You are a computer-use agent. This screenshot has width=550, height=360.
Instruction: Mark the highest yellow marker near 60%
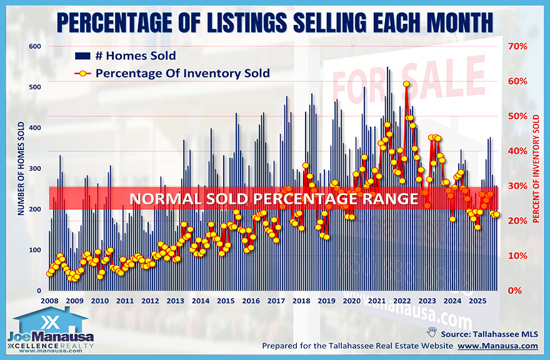click(x=406, y=84)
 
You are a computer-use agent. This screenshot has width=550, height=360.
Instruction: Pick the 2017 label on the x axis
click(x=275, y=301)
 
